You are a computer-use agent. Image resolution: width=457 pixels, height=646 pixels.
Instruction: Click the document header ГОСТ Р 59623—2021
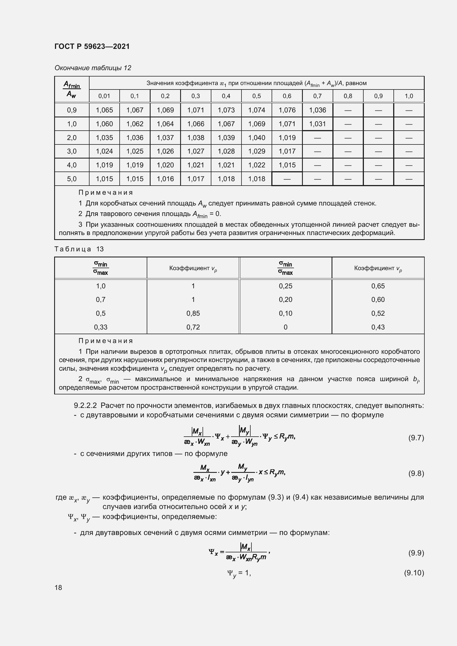click(x=92, y=46)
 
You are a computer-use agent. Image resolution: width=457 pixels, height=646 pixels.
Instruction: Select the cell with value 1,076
click(x=287, y=110)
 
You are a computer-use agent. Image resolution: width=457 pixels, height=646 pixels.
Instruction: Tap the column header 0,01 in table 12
click(x=104, y=96)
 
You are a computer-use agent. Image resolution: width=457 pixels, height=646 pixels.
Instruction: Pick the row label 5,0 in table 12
click(x=72, y=179)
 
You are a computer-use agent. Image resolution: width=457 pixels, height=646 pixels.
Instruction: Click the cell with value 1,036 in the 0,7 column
click(x=317, y=110)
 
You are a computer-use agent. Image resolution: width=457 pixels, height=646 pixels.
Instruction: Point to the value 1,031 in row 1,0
click(x=317, y=124)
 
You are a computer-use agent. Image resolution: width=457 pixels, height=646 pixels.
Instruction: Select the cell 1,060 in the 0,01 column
click(x=104, y=124)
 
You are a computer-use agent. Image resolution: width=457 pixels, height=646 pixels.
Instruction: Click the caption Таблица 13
click(x=79, y=249)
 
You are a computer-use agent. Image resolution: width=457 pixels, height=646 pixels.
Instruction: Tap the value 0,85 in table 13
click(x=193, y=313)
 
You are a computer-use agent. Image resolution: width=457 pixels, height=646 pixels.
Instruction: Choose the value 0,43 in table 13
click(x=378, y=327)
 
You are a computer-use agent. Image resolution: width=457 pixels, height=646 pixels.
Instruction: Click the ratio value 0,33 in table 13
click(x=101, y=327)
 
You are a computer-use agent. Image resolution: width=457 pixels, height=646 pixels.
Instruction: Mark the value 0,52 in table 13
click(x=378, y=313)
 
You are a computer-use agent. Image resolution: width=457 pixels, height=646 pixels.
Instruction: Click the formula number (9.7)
click(x=416, y=438)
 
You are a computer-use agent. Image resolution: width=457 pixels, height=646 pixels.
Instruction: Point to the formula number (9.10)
click(x=414, y=573)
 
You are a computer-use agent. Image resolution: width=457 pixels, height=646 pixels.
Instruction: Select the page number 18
click(x=58, y=587)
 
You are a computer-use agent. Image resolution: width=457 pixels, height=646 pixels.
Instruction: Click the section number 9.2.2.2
click(x=85, y=405)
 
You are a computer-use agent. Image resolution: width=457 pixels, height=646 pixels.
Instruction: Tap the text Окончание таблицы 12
click(x=93, y=68)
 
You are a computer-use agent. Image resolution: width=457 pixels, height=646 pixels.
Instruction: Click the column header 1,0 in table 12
click(x=409, y=96)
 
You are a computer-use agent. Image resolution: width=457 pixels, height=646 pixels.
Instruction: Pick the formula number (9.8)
click(x=416, y=474)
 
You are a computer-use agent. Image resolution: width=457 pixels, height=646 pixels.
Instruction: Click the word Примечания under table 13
click(x=106, y=341)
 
